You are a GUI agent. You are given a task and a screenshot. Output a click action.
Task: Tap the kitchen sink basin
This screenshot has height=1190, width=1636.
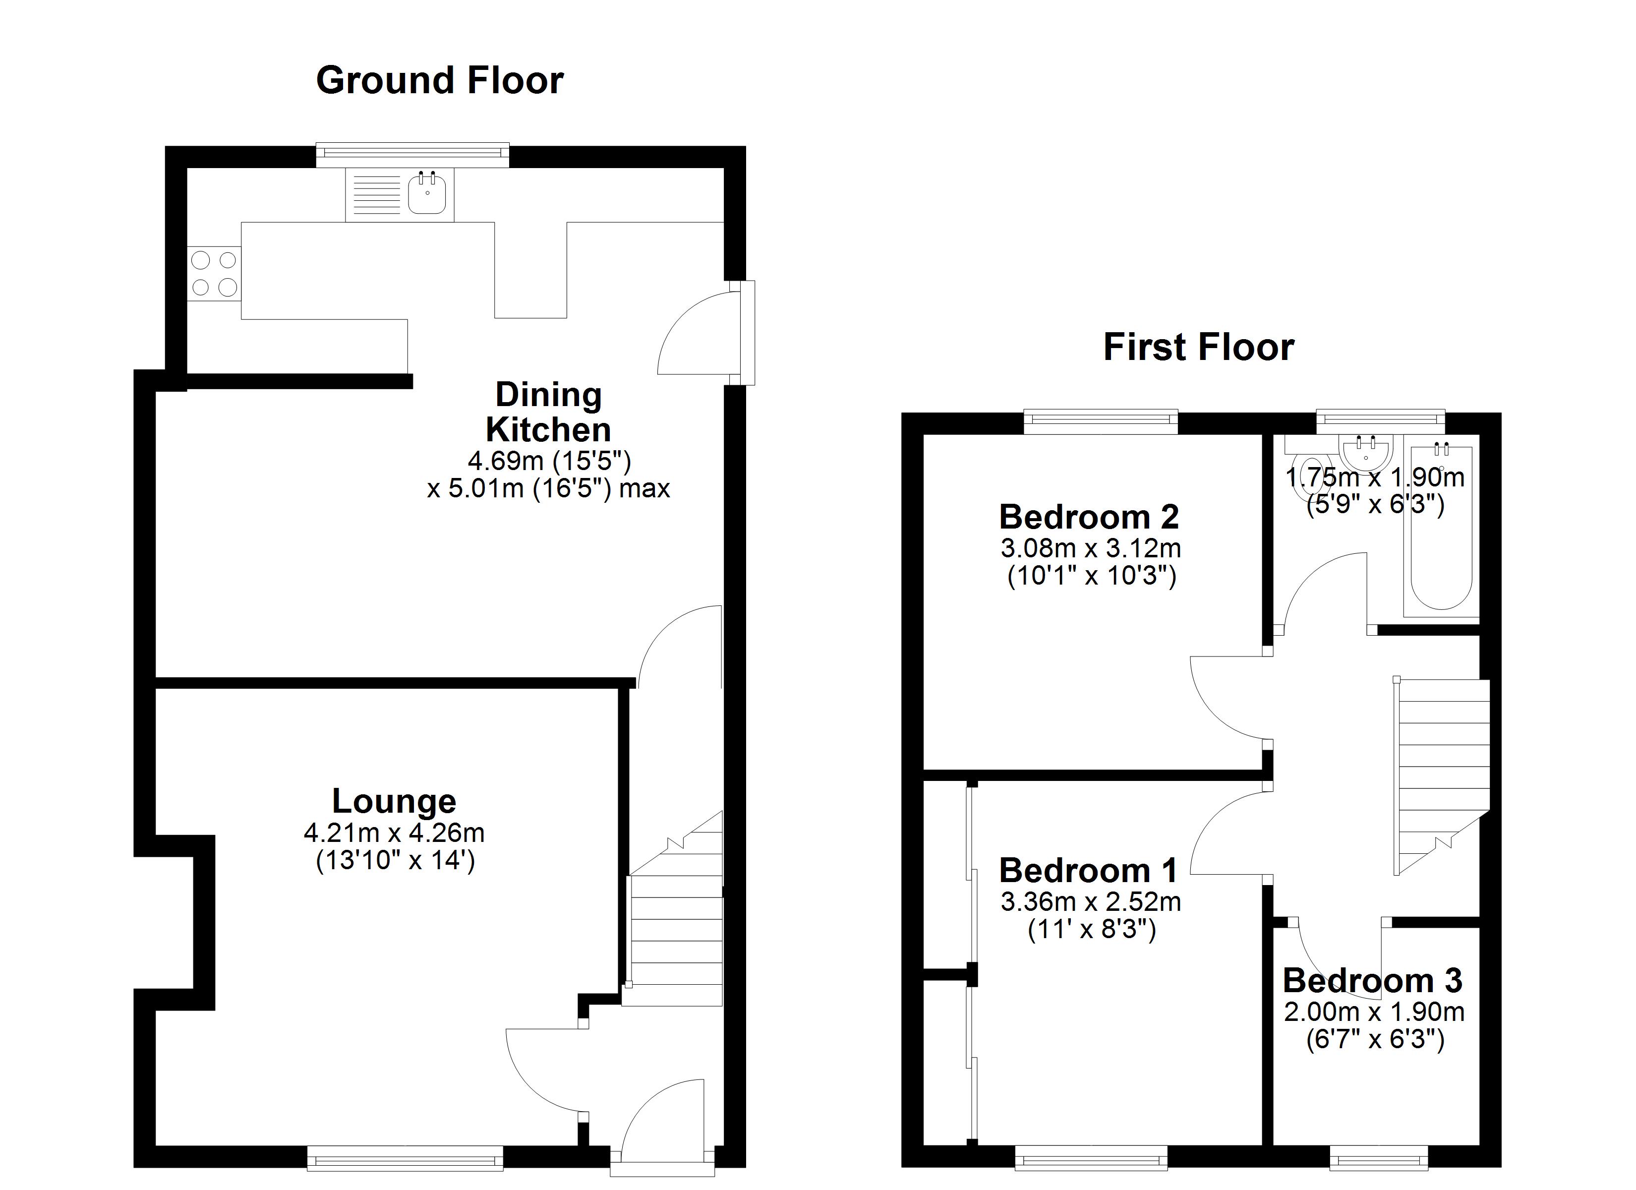[x=427, y=195]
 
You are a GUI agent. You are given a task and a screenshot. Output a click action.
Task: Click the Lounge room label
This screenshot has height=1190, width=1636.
[x=394, y=801]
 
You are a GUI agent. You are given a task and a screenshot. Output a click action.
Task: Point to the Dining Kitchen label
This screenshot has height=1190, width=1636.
[x=548, y=412]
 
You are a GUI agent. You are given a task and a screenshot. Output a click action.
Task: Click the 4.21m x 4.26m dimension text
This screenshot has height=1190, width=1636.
[x=394, y=833]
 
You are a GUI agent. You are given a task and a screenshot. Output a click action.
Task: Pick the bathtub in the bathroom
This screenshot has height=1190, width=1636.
[x=1441, y=534]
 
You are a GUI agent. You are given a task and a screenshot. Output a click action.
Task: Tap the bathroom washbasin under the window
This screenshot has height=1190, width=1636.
[x=1365, y=453]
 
